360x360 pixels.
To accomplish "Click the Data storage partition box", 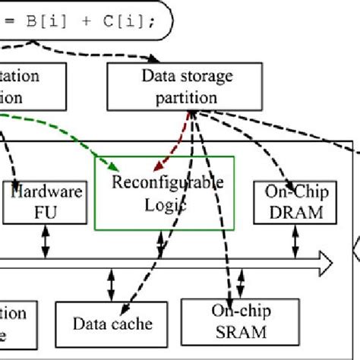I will [x=186, y=85].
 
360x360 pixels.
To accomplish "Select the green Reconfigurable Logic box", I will [x=164, y=192].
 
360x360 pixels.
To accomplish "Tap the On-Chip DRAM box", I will [x=294, y=202].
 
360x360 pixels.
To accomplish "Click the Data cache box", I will [x=112, y=324].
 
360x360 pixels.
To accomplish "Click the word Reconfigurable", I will [x=167, y=182].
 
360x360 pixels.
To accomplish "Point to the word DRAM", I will [x=294, y=212].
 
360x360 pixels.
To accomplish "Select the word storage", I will [x=201, y=75].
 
